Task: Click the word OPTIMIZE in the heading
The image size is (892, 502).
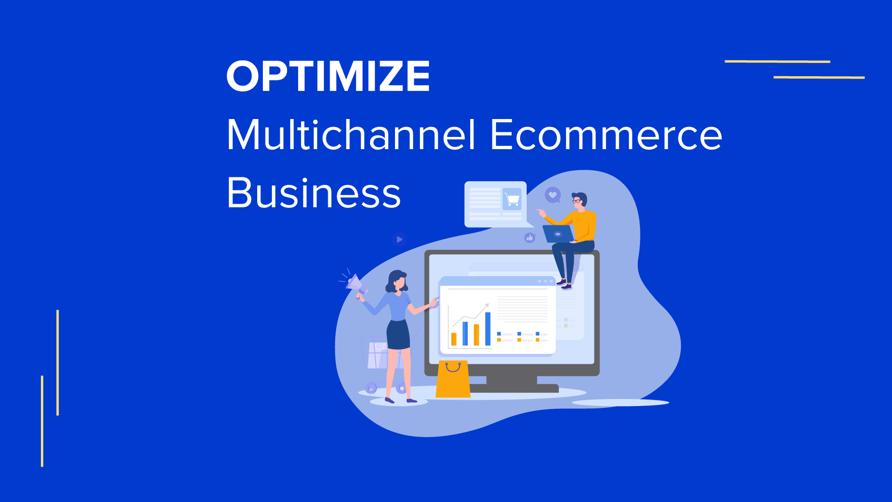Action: [x=328, y=76]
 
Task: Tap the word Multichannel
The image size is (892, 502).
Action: [x=351, y=135]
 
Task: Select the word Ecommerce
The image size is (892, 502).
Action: [x=606, y=135]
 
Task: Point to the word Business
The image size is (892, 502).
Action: [x=313, y=193]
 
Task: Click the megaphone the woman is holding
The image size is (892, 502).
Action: [x=355, y=284]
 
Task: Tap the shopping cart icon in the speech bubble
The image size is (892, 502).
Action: [x=512, y=199]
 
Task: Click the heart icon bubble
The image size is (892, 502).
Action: [x=553, y=194]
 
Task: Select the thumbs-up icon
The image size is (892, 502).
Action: [x=530, y=238]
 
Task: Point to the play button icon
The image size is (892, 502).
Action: [x=399, y=239]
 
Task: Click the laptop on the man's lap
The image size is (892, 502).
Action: [x=558, y=234]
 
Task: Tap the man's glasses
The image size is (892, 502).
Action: [x=576, y=201]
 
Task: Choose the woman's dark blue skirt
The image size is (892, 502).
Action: [x=398, y=335]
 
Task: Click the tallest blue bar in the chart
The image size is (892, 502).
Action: [x=488, y=329]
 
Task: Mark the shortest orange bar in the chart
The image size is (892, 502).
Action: [x=454, y=339]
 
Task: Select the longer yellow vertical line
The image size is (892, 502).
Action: [x=57, y=362]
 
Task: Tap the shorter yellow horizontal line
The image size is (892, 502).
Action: [x=819, y=77]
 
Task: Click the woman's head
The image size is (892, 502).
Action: [x=397, y=280]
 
